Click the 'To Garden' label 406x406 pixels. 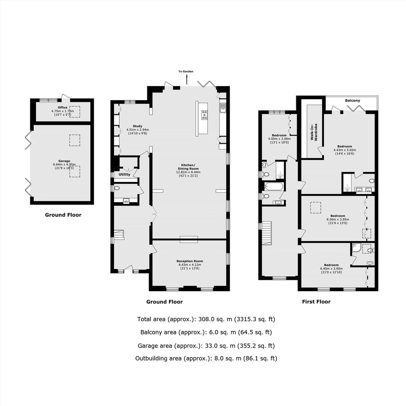tap(186, 71)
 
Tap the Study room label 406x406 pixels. tap(137, 126)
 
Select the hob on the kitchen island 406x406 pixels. tap(204, 115)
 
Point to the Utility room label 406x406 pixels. tap(124, 174)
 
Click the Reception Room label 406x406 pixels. tap(190, 261)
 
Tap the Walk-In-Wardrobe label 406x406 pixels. tap(314, 132)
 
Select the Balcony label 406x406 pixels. tap(352, 101)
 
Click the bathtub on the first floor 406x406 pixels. tap(274, 186)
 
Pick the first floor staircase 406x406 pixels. tap(266, 233)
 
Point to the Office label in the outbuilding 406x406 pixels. tap(63, 107)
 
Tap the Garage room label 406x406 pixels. tap(64, 161)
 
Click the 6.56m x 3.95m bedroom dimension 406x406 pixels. tap(338, 219)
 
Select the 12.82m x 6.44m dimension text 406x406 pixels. tap(188, 172)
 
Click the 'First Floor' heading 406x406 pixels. tap(316, 301)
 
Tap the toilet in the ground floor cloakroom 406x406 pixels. tap(117, 188)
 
